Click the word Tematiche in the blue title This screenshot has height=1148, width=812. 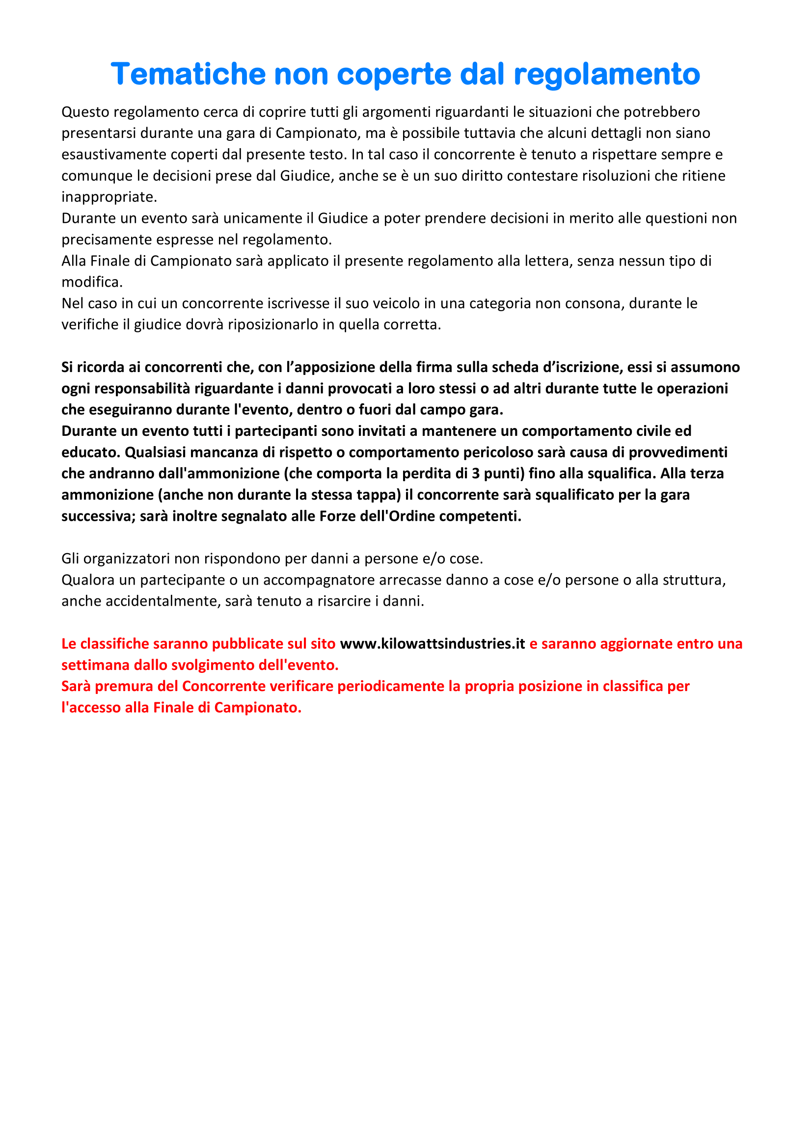[x=188, y=74]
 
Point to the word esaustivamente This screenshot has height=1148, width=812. [x=114, y=155]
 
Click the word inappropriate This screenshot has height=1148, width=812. [x=109, y=197]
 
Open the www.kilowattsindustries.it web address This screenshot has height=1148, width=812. [x=433, y=644]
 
